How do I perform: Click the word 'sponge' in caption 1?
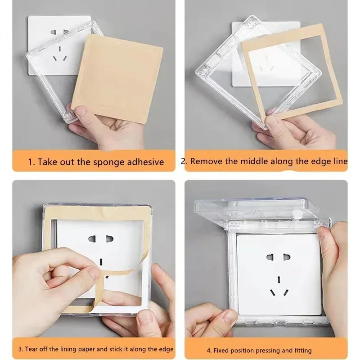pos(98,162)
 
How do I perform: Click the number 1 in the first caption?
pos(30,162)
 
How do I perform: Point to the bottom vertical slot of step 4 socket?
pos(280,279)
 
